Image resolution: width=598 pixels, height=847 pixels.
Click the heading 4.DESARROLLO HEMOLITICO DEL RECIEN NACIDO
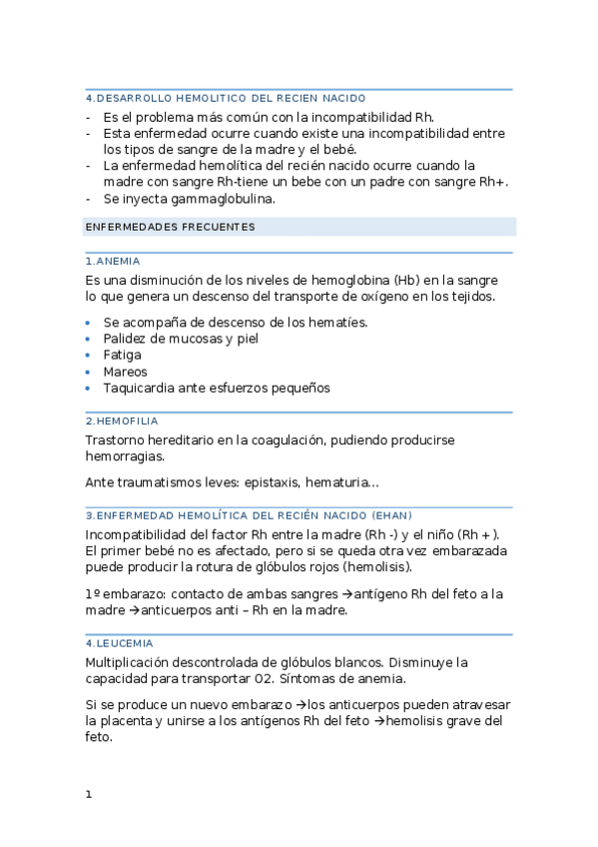[226, 98]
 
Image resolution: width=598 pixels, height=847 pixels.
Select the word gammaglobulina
[226, 199]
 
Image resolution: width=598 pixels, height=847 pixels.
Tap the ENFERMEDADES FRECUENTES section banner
[171, 227]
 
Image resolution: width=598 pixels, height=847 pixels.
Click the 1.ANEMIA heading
[113, 261]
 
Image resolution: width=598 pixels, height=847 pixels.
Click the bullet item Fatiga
[122, 355]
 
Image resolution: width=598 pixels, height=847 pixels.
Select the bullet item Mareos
[125, 372]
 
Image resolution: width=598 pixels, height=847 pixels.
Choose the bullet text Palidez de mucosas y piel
[180, 338]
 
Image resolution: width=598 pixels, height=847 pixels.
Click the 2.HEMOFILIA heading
[122, 422]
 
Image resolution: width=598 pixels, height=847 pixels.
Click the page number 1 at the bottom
[89, 794]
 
